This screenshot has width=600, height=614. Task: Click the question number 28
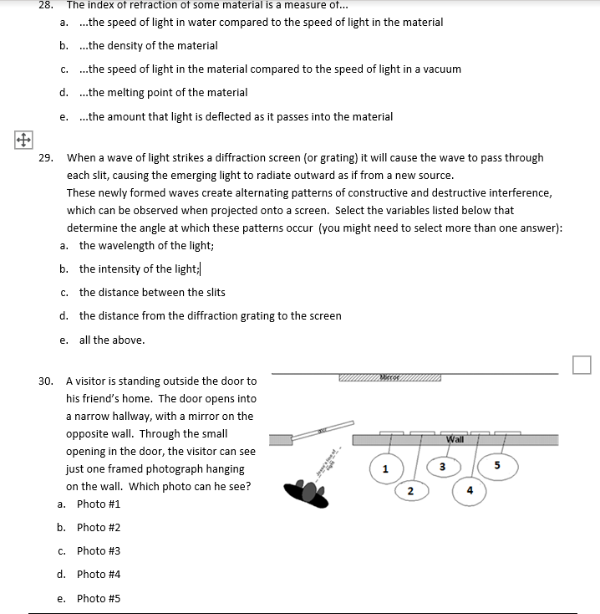(46, 4)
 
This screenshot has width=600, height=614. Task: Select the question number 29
(46, 157)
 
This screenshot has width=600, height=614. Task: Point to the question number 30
(46, 381)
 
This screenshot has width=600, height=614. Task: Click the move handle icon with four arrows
(20, 139)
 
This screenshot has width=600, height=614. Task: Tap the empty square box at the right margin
(582, 365)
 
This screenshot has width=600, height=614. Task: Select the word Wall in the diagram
(455, 439)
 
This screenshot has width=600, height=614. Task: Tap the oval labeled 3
(444, 466)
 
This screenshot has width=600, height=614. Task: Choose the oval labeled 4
(469, 490)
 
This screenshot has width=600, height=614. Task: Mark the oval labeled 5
(499, 465)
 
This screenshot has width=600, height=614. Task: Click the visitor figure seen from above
(306, 494)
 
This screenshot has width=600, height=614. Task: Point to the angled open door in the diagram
(320, 429)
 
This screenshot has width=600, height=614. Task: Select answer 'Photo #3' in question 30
(98, 550)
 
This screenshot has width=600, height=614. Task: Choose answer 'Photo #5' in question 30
(98, 598)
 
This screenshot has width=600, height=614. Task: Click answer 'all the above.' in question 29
(111, 340)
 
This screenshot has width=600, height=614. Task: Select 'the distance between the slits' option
(152, 292)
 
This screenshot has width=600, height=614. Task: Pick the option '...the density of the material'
(148, 45)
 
